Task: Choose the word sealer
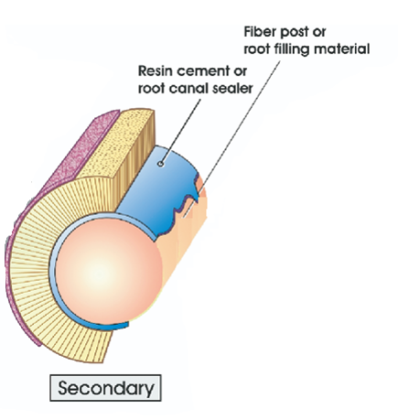pos(234,89)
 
